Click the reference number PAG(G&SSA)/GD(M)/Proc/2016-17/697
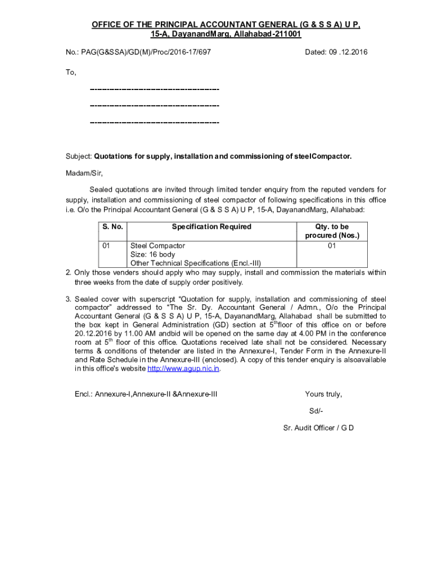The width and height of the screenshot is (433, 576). click(x=150, y=52)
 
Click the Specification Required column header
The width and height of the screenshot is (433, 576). click(x=211, y=227)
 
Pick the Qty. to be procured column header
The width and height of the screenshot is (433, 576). click(x=332, y=231)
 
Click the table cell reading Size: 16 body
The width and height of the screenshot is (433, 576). click(x=152, y=254)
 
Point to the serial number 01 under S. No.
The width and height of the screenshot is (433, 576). click(x=106, y=246)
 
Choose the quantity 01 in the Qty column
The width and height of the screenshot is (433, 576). click(x=332, y=246)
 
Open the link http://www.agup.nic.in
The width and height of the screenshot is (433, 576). click(x=183, y=368)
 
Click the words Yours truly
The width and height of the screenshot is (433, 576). click(x=323, y=394)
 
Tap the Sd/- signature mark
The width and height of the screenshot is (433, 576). click(x=316, y=411)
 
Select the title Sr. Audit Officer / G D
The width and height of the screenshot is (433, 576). click(x=318, y=427)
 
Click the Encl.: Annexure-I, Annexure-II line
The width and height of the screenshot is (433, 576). click(x=146, y=394)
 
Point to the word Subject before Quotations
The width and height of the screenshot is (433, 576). click(x=79, y=156)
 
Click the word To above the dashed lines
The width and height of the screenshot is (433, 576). click(x=71, y=73)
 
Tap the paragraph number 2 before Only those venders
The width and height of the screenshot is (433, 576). click(x=68, y=273)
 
